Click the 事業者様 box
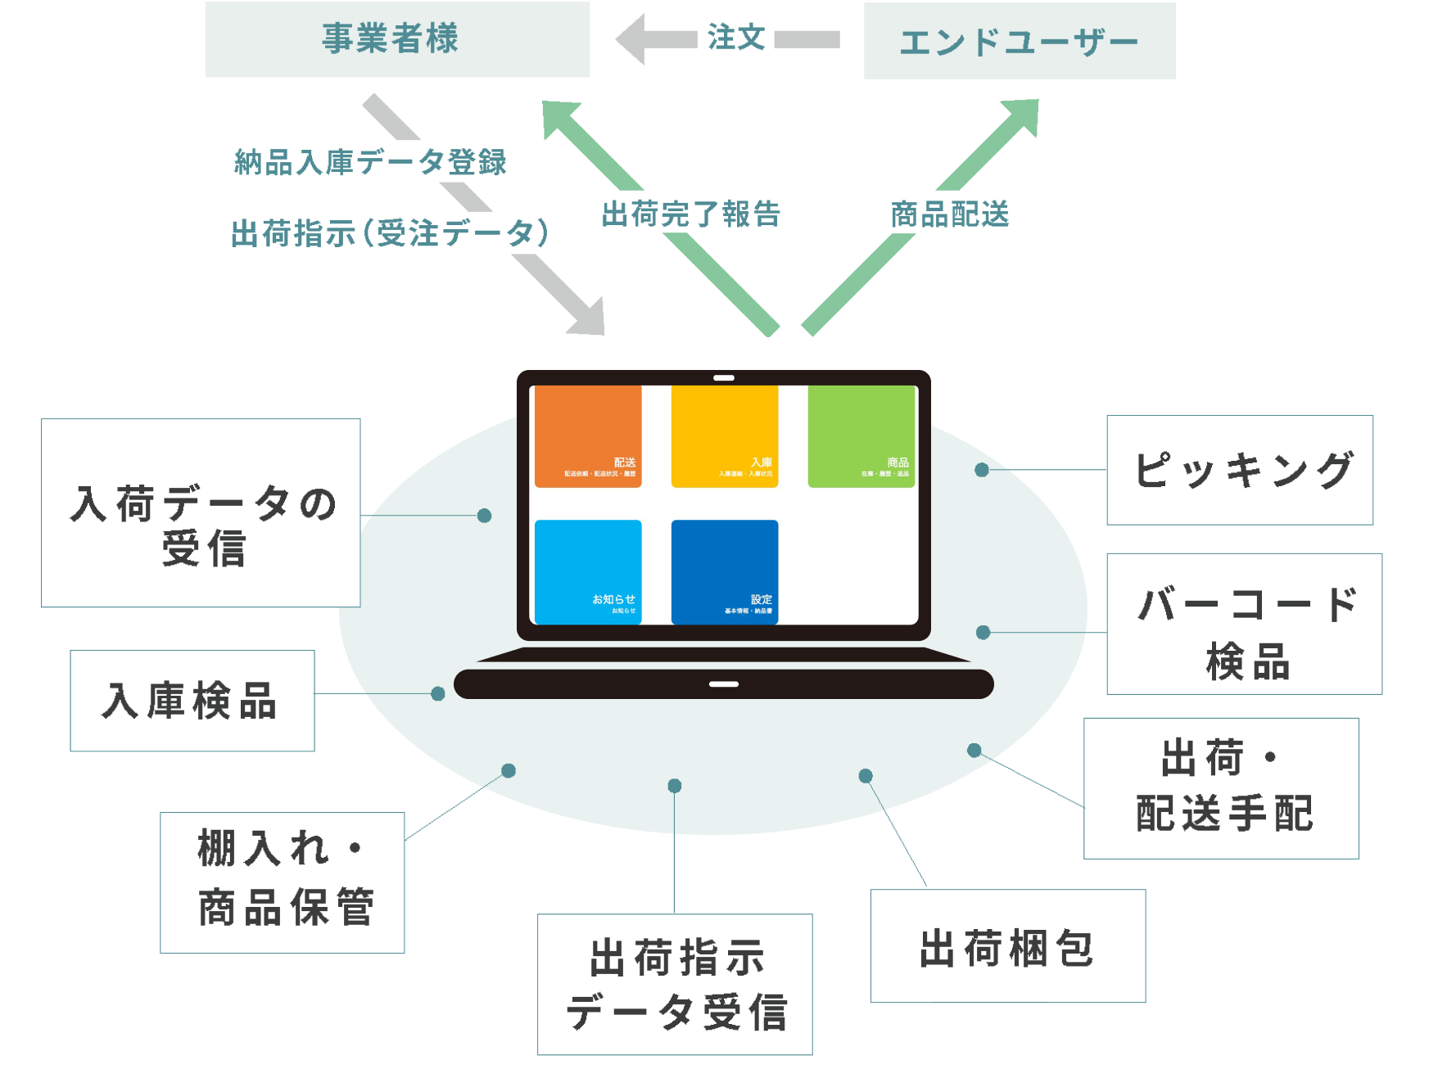[x=397, y=39]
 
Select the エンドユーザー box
[x=1019, y=41]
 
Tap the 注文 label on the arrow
[x=735, y=38]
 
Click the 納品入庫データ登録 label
[x=359, y=161]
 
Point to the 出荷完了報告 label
[x=704, y=213]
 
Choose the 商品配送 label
[x=984, y=213]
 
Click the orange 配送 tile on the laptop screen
[x=588, y=437]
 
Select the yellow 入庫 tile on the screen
[x=724, y=437]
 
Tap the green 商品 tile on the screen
[x=861, y=437]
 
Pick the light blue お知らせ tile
[x=588, y=572]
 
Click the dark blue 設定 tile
[x=724, y=572]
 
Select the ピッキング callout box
[x=1239, y=470]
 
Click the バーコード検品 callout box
[x=1243, y=624]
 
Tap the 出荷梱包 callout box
[x=1007, y=946]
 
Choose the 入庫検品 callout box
[x=192, y=701]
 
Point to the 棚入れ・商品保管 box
[x=282, y=882]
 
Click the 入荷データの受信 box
[x=201, y=513]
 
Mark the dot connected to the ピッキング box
[x=981, y=470]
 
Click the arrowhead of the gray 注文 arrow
[x=631, y=38]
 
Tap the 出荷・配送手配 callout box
[x=1220, y=788]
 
